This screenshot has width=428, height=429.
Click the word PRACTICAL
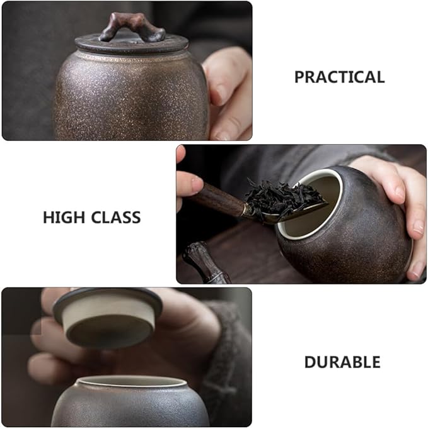pos(340,77)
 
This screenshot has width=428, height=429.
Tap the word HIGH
pos(64,218)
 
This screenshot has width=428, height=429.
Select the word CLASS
pos(116,218)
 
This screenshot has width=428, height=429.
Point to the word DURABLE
pos(342,362)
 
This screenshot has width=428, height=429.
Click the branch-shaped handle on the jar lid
pos(133,28)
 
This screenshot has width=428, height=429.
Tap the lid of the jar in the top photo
pos(132,44)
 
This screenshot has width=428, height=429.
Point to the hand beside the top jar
pos(228,93)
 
